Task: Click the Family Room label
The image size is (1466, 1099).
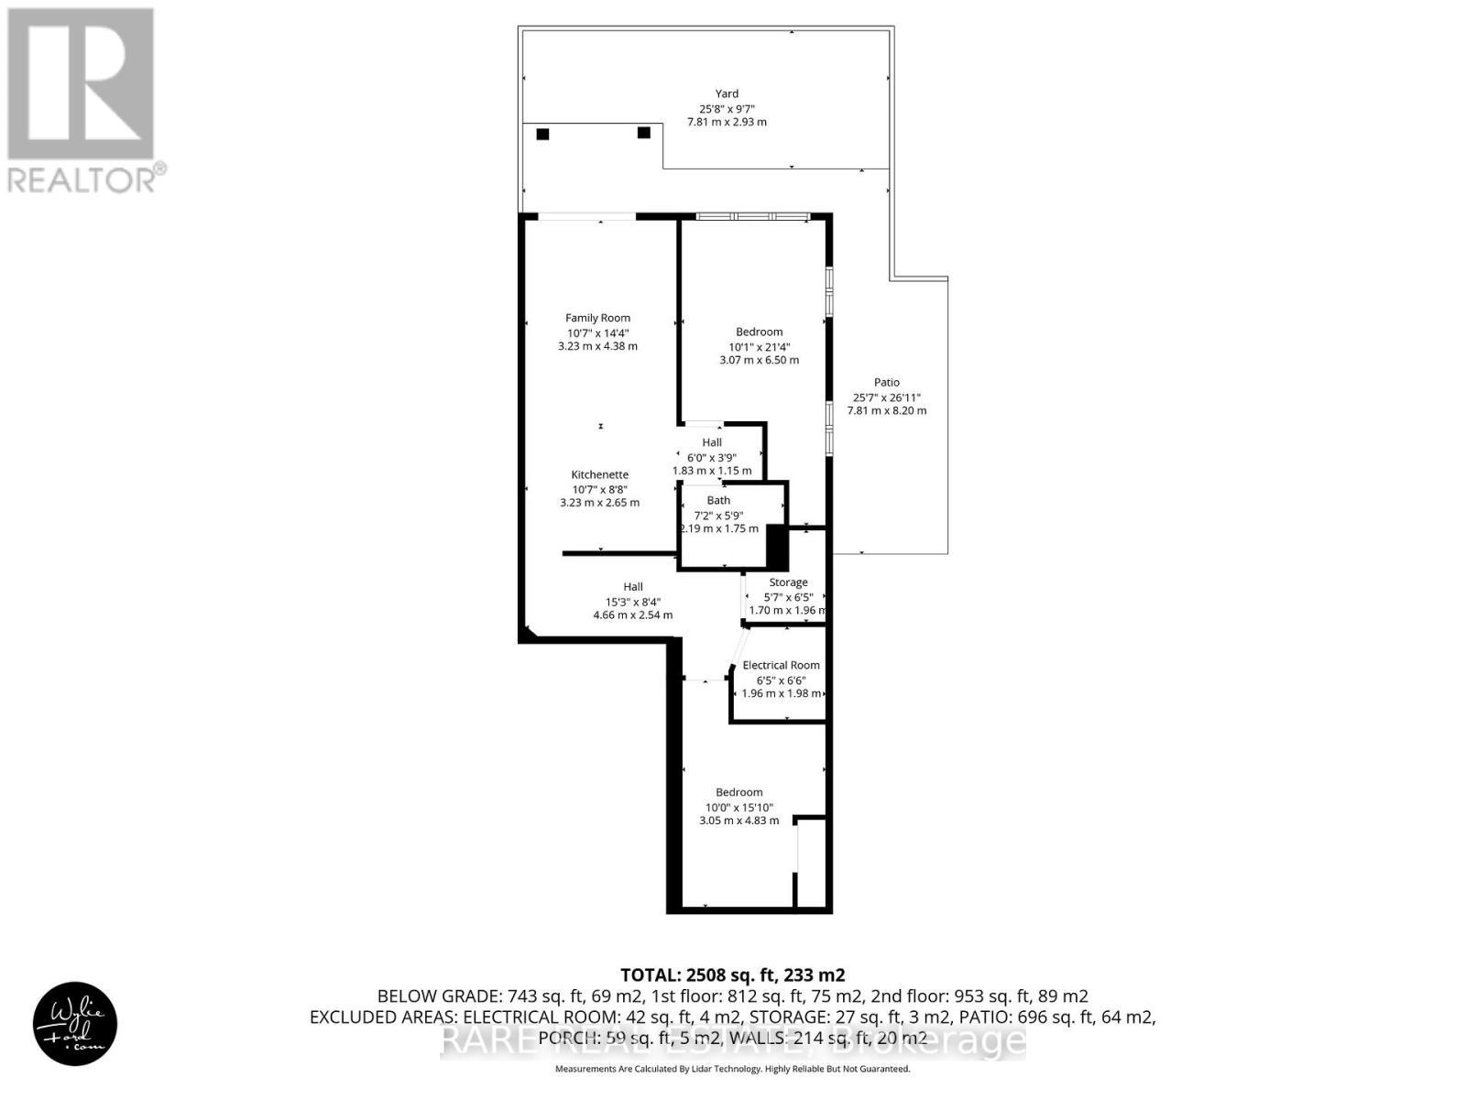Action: tap(597, 318)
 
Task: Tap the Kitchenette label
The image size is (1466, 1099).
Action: tap(599, 474)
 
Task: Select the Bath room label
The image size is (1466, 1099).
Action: tap(718, 500)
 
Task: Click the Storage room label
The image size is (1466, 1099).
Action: tap(788, 582)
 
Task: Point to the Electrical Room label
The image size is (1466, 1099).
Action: tap(781, 665)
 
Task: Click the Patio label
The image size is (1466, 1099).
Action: tap(886, 382)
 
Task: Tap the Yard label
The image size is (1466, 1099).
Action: tap(727, 93)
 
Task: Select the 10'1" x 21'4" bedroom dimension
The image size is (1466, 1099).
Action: tap(759, 347)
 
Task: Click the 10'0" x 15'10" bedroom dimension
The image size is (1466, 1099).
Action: tap(738, 808)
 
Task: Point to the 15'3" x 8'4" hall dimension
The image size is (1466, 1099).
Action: tap(632, 602)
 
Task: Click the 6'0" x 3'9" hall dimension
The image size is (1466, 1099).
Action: tap(711, 457)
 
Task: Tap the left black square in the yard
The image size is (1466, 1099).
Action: tap(542, 134)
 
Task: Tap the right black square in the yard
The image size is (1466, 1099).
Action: tap(644, 133)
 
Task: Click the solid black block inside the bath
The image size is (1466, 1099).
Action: tap(777, 548)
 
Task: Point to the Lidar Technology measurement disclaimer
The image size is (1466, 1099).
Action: tap(732, 1069)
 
